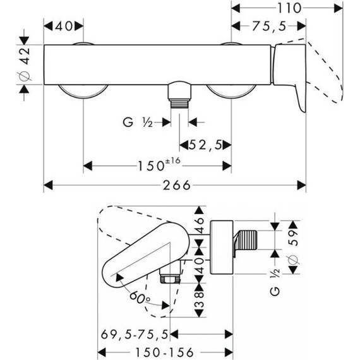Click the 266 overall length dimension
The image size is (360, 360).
175,185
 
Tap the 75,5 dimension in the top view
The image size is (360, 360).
273,26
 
